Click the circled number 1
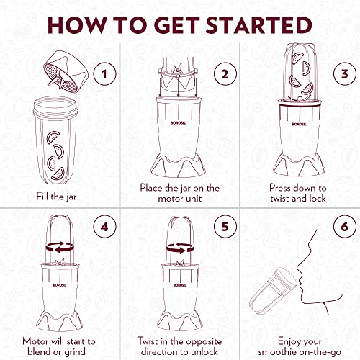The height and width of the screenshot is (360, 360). pyautogui.click(x=104, y=73)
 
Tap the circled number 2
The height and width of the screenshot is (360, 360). pyautogui.click(x=225, y=73)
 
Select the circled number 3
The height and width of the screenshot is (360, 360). pyautogui.click(x=346, y=73)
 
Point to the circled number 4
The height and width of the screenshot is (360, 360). pyautogui.click(x=104, y=227)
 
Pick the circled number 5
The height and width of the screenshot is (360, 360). pyautogui.click(x=225, y=227)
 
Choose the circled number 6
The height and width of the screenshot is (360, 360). pyautogui.click(x=346, y=227)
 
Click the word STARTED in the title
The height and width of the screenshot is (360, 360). pyautogui.click(x=258, y=25)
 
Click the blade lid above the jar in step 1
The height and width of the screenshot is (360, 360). pyautogui.click(x=66, y=71)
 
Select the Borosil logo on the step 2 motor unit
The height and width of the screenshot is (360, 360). pyautogui.click(x=178, y=123)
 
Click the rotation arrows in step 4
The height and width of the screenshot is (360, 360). pyautogui.click(x=60, y=247)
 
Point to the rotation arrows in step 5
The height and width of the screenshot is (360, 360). pyautogui.click(x=180, y=248)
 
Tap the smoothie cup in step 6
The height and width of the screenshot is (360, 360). pyautogui.click(x=274, y=291)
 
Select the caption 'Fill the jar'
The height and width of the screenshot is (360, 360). pyautogui.click(x=56, y=197)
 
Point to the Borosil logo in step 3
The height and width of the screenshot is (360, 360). pyautogui.click(x=300, y=124)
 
